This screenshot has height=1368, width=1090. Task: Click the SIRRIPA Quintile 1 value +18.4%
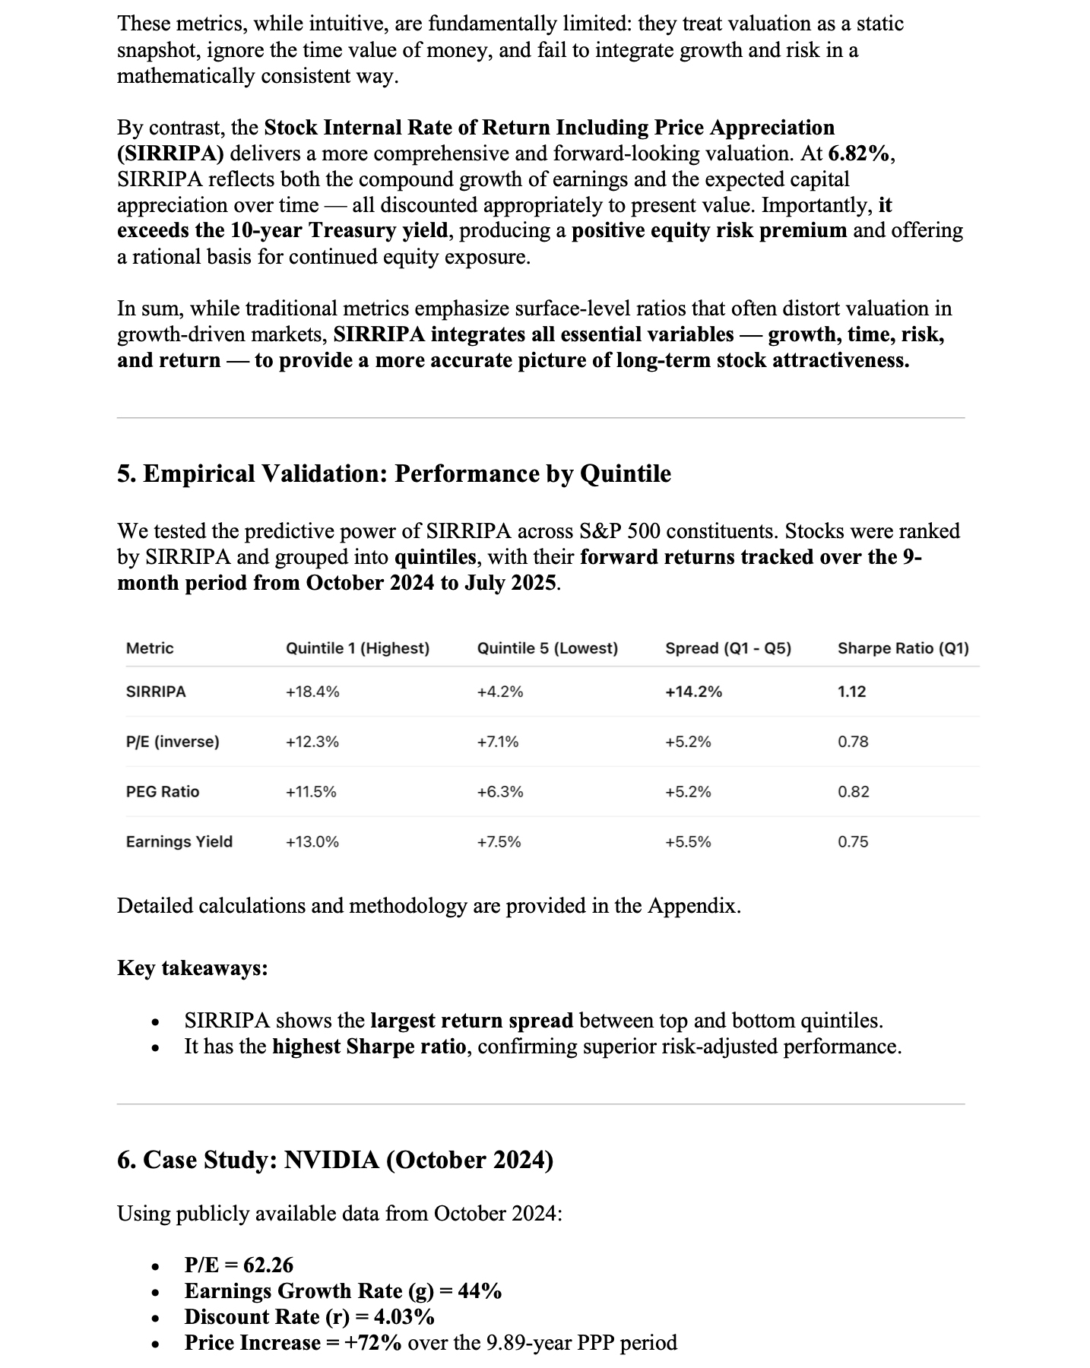click(x=312, y=692)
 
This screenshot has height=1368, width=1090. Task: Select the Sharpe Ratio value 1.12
click(x=851, y=692)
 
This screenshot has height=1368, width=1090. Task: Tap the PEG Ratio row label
click(x=163, y=791)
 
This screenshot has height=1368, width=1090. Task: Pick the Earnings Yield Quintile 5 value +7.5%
click(x=499, y=841)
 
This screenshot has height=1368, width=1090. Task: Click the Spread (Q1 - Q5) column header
click(x=727, y=648)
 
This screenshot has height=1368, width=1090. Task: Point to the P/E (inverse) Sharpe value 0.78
click(x=853, y=741)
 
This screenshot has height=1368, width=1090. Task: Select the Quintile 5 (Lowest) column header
click(x=547, y=648)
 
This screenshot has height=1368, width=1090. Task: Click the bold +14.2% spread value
click(x=693, y=692)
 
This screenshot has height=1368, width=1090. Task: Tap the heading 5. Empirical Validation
click(x=394, y=473)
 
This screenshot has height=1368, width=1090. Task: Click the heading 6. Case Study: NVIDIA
click(x=335, y=1160)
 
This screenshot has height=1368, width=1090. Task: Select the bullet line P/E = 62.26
click(x=239, y=1265)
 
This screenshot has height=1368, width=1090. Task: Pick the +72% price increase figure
click(x=372, y=1342)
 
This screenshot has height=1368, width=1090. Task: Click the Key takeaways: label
click(x=192, y=967)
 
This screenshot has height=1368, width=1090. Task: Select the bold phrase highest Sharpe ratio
click(x=369, y=1047)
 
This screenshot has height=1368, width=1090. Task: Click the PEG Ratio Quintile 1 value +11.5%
click(x=311, y=791)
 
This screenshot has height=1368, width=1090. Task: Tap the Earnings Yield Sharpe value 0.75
click(x=853, y=841)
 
